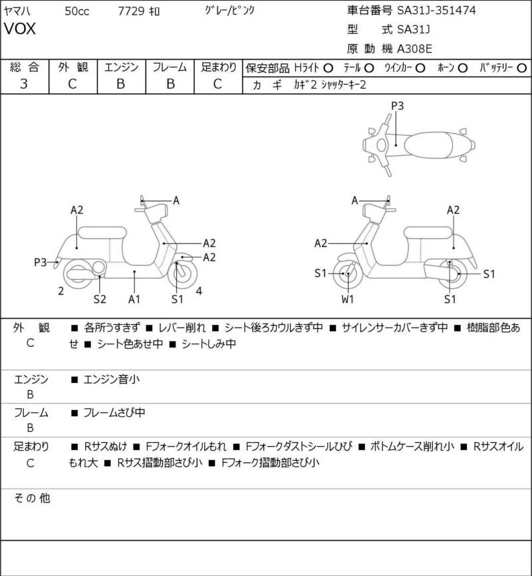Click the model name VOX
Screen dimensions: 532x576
click(20, 29)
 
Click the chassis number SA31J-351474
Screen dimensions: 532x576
click(436, 10)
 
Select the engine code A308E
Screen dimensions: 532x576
click(414, 49)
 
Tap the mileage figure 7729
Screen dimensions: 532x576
click(131, 11)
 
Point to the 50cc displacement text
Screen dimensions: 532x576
click(77, 11)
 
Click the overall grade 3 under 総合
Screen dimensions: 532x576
click(24, 84)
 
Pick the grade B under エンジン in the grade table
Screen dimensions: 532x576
click(121, 84)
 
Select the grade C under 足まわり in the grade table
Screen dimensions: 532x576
click(217, 84)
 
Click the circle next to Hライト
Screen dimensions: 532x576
click(328, 69)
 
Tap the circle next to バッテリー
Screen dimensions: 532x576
click(521, 69)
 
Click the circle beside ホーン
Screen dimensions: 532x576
click(463, 69)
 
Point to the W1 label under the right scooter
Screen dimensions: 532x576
click(347, 300)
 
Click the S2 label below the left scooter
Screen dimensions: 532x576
click(100, 300)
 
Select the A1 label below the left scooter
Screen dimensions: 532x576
click(134, 300)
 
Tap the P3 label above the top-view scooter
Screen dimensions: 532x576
click(397, 106)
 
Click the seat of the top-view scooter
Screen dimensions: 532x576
click(428, 144)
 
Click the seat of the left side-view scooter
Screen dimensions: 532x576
click(102, 233)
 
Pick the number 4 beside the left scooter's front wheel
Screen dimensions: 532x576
click(199, 291)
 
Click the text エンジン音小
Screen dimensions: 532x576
click(112, 380)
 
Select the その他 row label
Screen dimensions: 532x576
click(32, 498)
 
